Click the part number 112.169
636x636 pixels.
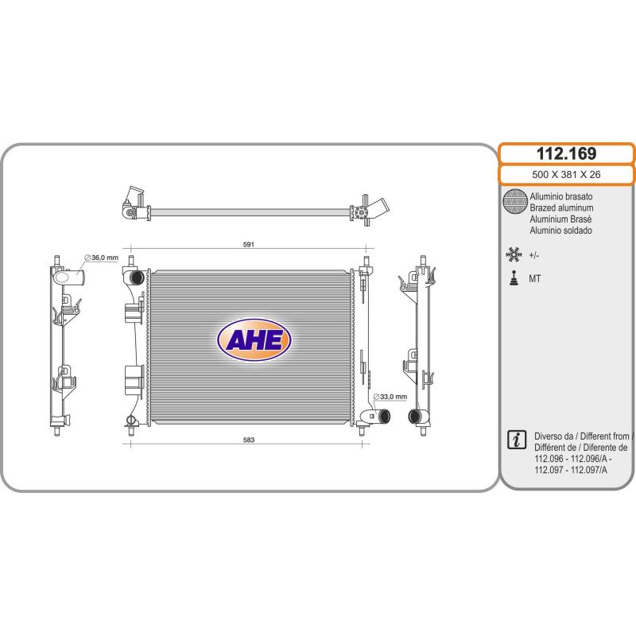click(x=566, y=153)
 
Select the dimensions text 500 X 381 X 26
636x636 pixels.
click(x=566, y=174)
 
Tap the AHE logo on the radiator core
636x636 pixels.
click(x=254, y=339)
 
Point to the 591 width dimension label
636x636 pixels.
click(x=249, y=244)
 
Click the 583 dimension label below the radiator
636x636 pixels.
click(x=249, y=440)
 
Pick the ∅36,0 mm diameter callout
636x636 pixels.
click(x=101, y=258)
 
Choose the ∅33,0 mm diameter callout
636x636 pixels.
click(x=390, y=396)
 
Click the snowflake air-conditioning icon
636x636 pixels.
click(x=514, y=254)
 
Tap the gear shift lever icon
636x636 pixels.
click(x=514, y=278)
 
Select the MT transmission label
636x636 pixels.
click(x=534, y=279)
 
